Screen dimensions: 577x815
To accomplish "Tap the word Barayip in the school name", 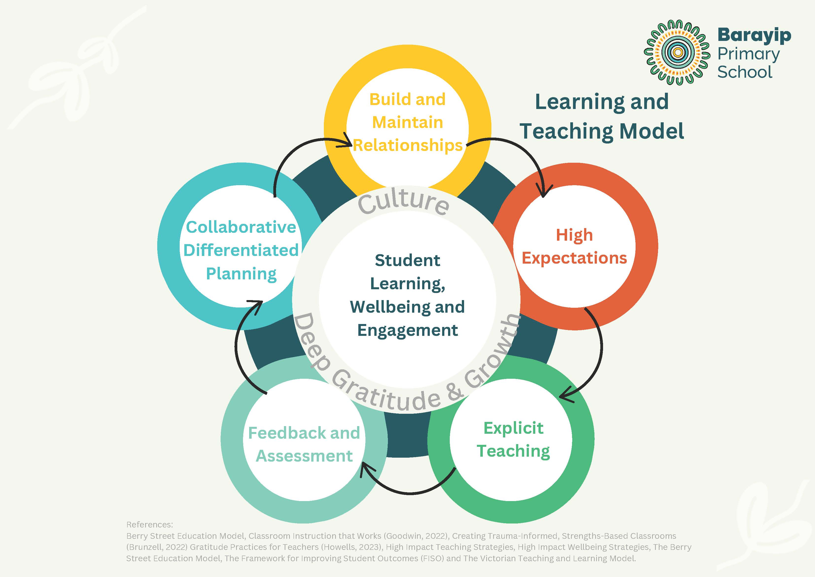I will tap(754, 35).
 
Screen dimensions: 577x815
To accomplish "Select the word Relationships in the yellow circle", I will tap(408, 145).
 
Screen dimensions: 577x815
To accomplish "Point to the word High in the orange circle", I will tap(574, 235).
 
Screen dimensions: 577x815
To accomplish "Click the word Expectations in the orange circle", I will tap(574, 258).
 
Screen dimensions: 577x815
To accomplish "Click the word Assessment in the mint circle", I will tap(304, 456).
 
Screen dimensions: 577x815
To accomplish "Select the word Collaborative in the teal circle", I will tap(241, 227).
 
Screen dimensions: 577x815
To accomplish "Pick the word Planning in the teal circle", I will tap(241, 274).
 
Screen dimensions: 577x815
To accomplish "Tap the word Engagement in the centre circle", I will tap(407, 330).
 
